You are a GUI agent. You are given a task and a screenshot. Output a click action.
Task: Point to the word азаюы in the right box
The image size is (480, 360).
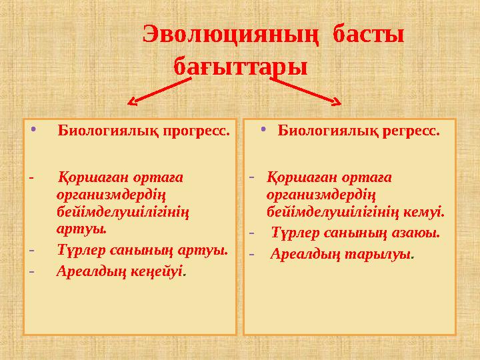click(x=416, y=233)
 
